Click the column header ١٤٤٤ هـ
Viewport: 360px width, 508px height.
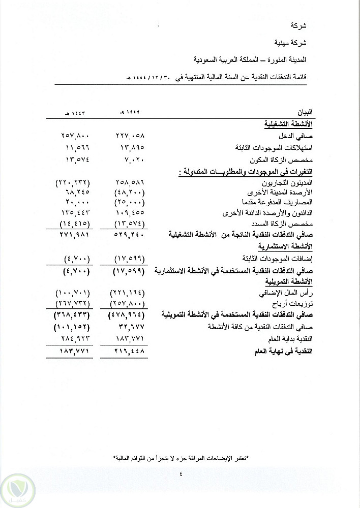coord(131,111)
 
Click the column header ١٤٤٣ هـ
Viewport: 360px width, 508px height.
coord(69,111)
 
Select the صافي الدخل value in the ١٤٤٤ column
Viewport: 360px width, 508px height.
coord(131,136)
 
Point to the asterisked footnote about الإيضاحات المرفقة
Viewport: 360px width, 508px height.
coord(180,459)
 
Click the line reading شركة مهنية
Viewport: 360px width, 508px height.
coord(297,43)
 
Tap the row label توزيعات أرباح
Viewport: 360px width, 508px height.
coord(295,303)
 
